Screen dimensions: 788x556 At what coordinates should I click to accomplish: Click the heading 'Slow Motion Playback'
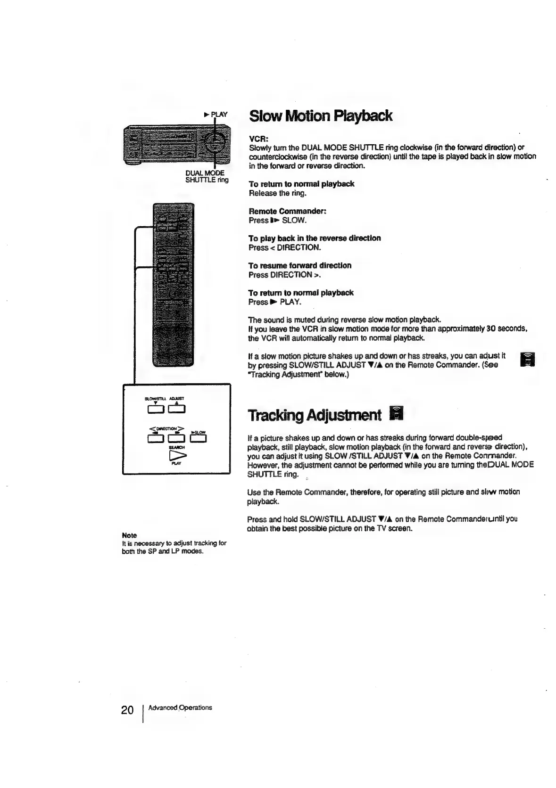[320, 116]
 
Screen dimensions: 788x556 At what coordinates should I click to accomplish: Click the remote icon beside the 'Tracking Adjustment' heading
[397, 414]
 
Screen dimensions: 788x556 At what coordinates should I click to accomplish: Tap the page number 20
[127, 710]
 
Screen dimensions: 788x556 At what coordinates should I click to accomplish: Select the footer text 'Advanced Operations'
[180, 707]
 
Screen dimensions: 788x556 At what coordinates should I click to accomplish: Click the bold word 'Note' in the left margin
[129, 535]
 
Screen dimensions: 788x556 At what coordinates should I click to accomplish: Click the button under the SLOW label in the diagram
[199, 439]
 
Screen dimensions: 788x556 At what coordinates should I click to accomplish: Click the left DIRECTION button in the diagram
[155, 439]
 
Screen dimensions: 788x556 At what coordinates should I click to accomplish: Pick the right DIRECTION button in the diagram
[177, 439]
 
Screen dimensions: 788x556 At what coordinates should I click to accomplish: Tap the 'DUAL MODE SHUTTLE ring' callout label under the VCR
[207, 176]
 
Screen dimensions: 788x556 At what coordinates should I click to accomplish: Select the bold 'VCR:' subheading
[258, 140]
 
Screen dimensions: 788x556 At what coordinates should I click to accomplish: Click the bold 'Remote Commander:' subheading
[288, 211]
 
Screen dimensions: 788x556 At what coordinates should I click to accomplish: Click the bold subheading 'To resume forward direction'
[299, 265]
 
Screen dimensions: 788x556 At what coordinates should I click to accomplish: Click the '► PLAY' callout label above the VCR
[216, 114]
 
